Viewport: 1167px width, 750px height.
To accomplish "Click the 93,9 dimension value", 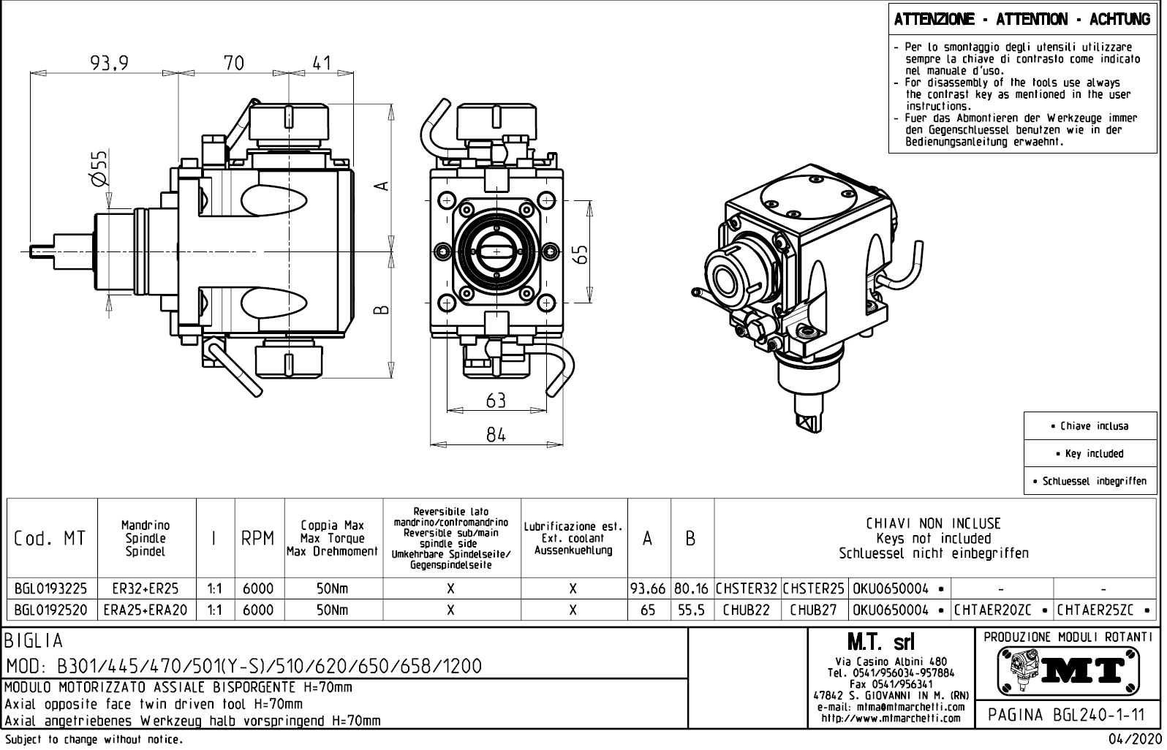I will click(110, 64).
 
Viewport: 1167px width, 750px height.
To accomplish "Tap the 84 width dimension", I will click(496, 435).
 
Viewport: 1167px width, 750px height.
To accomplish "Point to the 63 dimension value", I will click(496, 400).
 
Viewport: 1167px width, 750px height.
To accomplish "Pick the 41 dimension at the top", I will click(322, 64).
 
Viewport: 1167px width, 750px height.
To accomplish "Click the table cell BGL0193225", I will click(51, 588).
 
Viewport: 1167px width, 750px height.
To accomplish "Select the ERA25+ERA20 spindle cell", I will click(146, 610).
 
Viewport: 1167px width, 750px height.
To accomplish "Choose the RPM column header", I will click(258, 539).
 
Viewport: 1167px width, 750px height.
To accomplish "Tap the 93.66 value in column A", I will click(649, 588).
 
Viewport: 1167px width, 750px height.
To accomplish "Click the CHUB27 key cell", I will click(814, 610).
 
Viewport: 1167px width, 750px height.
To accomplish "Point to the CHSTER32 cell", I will click(747, 588).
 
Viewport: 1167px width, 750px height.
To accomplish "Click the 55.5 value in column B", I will click(691, 610).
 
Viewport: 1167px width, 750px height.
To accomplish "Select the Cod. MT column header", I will click(50, 539).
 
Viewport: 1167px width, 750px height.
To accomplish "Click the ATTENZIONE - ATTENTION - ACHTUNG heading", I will click(1022, 20).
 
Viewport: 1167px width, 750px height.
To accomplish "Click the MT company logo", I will click(1068, 670).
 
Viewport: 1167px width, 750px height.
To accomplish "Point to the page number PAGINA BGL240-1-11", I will click(1067, 714).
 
